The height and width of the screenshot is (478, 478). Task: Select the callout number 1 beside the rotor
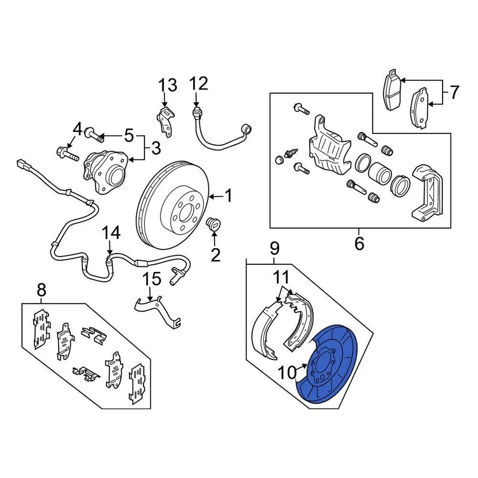point(228,197)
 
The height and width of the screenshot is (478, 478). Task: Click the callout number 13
point(168,86)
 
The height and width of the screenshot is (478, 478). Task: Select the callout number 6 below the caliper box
point(359,243)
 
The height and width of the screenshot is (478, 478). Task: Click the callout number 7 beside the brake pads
point(453,93)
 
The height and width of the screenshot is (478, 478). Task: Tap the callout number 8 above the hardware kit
point(41,289)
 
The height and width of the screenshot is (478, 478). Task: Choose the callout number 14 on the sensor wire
point(112,233)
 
